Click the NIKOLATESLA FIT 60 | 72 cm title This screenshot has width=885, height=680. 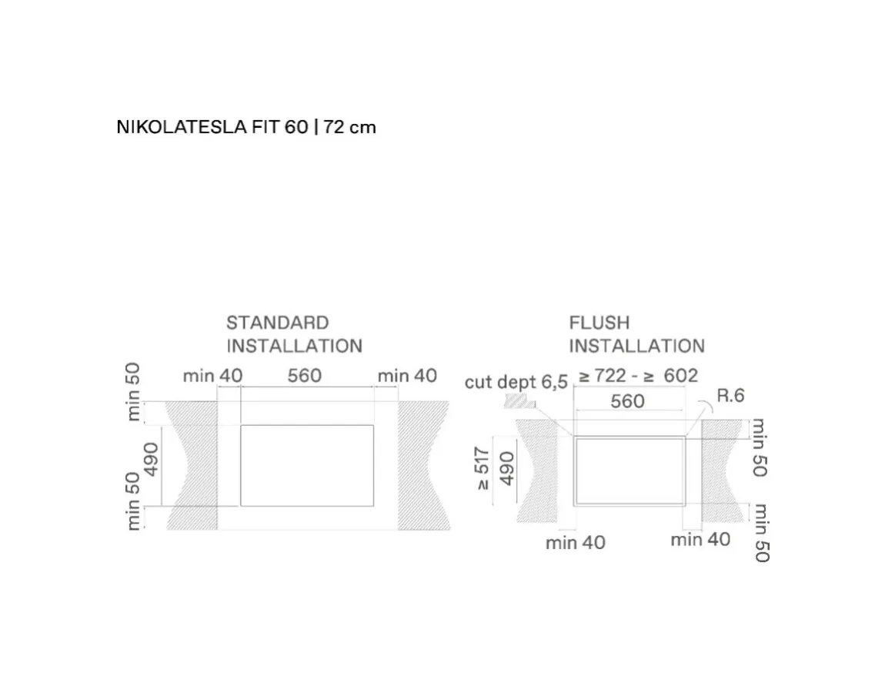click(x=246, y=127)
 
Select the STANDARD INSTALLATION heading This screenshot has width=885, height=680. click(x=294, y=334)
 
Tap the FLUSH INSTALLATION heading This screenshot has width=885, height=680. click(x=636, y=334)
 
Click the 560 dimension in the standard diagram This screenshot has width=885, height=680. click(x=304, y=376)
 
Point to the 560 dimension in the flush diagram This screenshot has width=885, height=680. click(x=627, y=401)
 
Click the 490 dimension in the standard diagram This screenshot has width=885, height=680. click(x=152, y=459)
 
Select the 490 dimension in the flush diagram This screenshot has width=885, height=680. click(x=507, y=468)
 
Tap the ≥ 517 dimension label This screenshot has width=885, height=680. click(x=482, y=468)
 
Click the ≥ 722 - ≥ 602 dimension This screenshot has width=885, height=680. click(x=638, y=376)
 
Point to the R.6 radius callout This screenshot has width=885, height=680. click(x=730, y=395)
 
